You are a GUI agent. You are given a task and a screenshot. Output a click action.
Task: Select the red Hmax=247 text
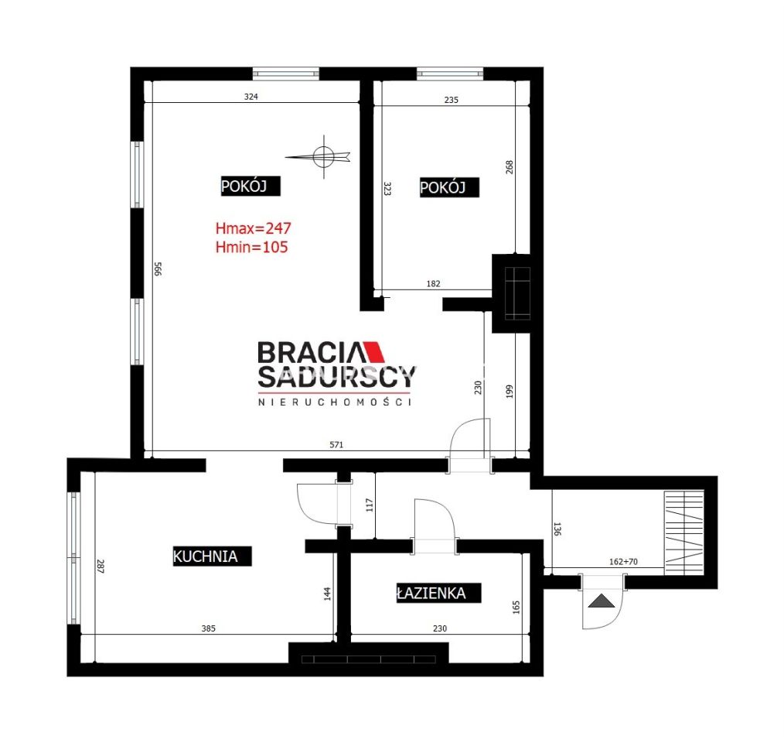253,228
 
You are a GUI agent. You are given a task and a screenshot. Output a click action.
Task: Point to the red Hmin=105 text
251,247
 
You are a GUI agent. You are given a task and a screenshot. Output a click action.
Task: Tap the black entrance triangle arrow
601,601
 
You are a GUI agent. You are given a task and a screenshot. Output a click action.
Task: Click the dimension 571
336,444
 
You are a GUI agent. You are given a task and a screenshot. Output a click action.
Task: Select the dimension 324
251,97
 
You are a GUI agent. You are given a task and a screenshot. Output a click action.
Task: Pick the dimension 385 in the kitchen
209,628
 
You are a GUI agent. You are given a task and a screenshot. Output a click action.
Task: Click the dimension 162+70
623,562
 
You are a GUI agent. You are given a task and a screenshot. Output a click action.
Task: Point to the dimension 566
158,269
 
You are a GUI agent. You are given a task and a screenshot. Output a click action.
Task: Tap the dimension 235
451,100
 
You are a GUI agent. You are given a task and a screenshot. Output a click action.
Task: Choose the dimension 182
434,284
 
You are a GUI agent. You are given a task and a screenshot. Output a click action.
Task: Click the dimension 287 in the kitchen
100,567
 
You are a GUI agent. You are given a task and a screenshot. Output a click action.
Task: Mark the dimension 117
370,505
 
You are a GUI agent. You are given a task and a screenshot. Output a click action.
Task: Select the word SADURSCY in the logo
336,376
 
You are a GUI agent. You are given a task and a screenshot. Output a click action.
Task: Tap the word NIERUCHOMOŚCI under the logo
335,402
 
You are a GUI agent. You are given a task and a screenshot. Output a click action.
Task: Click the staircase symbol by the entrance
683,532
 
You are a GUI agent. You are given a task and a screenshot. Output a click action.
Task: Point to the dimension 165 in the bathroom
516,608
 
